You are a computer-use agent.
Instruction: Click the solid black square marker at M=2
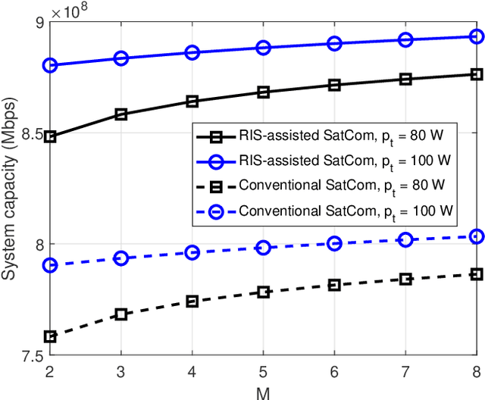pos(49,137)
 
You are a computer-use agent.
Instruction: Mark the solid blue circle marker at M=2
pos(49,65)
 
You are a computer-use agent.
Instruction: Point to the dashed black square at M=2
pos(49,336)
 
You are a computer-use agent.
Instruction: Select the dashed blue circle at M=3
pos(120,258)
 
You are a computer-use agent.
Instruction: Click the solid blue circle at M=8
pos(477,36)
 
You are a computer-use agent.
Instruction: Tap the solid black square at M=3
pos(120,114)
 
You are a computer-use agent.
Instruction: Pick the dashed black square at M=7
pos(405,279)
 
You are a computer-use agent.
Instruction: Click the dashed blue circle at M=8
pos(477,237)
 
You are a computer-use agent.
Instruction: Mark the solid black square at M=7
pos(405,79)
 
